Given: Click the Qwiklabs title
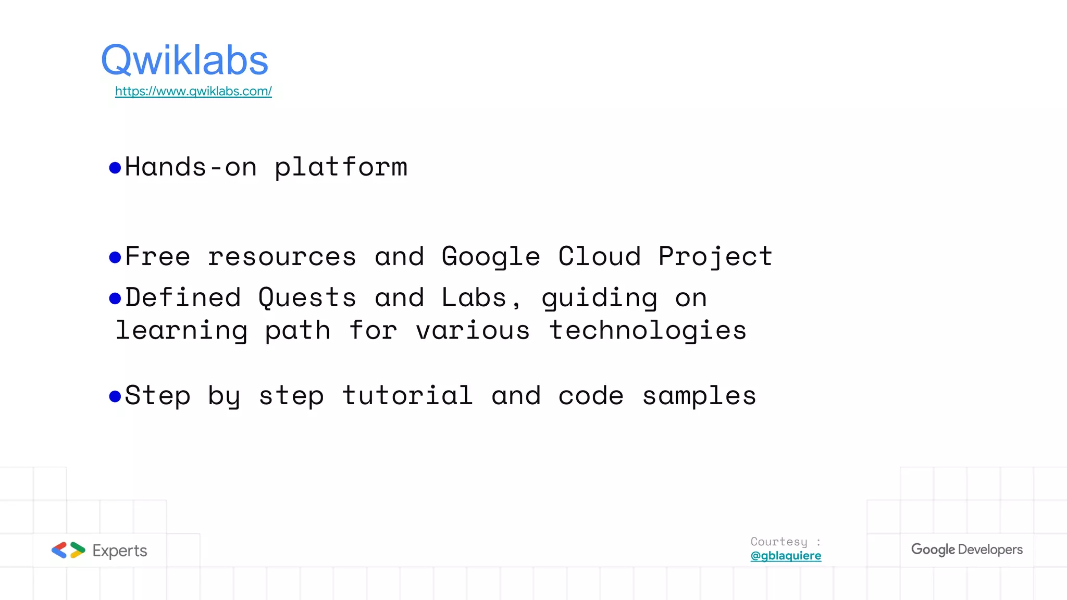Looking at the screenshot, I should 184,61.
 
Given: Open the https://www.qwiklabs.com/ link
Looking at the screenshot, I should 193,91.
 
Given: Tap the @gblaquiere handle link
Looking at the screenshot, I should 786,556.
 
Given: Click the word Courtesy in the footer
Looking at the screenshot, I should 779,542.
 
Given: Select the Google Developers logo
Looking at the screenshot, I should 966,549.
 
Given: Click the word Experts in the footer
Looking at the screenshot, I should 120,551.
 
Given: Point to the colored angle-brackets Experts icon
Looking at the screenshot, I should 68,550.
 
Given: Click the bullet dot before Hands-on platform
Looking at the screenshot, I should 115,168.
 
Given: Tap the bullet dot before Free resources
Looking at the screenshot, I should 115,257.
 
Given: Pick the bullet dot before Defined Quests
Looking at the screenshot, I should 115,298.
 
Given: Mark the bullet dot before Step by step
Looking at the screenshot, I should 115,396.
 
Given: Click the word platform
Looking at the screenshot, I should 341,168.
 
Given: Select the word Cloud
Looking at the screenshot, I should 599,257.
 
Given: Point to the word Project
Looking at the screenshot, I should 715,257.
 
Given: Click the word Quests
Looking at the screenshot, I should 307,298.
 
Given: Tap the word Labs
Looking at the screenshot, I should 474,298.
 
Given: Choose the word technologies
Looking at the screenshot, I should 648,331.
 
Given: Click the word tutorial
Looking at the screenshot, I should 407,395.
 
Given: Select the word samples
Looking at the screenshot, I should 699,396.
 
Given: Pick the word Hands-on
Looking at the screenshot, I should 191,168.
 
